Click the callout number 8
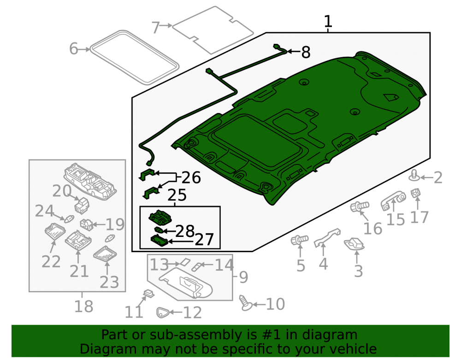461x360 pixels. tap(306, 52)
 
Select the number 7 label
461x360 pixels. tap(155, 28)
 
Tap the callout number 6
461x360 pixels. tap(73, 48)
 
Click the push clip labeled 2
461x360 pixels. tap(414, 176)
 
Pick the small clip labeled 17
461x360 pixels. tap(415, 193)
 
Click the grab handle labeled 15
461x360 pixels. tap(393, 201)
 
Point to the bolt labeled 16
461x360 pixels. tap(360, 207)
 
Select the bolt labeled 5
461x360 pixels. tap(299, 240)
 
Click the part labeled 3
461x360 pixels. tap(354, 244)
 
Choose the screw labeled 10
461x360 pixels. tap(246, 303)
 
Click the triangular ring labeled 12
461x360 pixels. tap(162, 313)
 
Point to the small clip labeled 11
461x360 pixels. tap(149, 293)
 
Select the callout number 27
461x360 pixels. tap(204, 240)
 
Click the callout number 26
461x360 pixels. tap(191, 177)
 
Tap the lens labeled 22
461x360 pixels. tap(55, 231)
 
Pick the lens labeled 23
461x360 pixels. tap(105, 254)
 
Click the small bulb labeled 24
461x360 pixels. tap(68, 219)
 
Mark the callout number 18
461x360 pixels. tap(84, 306)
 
